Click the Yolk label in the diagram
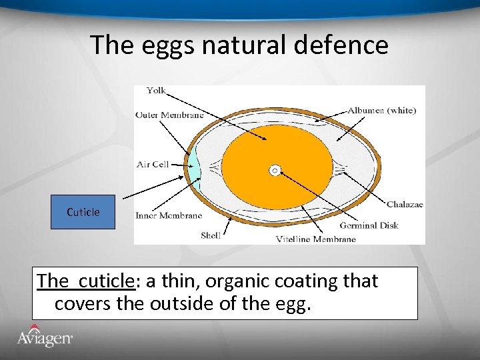pyautogui.click(x=156, y=91)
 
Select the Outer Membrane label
pyautogui.click(x=169, y=114)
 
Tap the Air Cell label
pyautogui.click(x=152, y=164)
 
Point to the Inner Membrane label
pyautogui.click(x=168, y=215)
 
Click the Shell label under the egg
pyautogui.click(x=211, y=235)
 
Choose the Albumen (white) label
pyautogui.click(x=382, y=111)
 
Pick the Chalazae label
pyautogui.click(x=405, y=205)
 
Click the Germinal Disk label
pyautogui.click(x=369, y=225)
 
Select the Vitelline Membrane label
pyautogui.click(x=316, y=239)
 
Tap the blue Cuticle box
pyautogui.click(x=83, y=212)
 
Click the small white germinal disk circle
pyautogui.click(x=275, y=171)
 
